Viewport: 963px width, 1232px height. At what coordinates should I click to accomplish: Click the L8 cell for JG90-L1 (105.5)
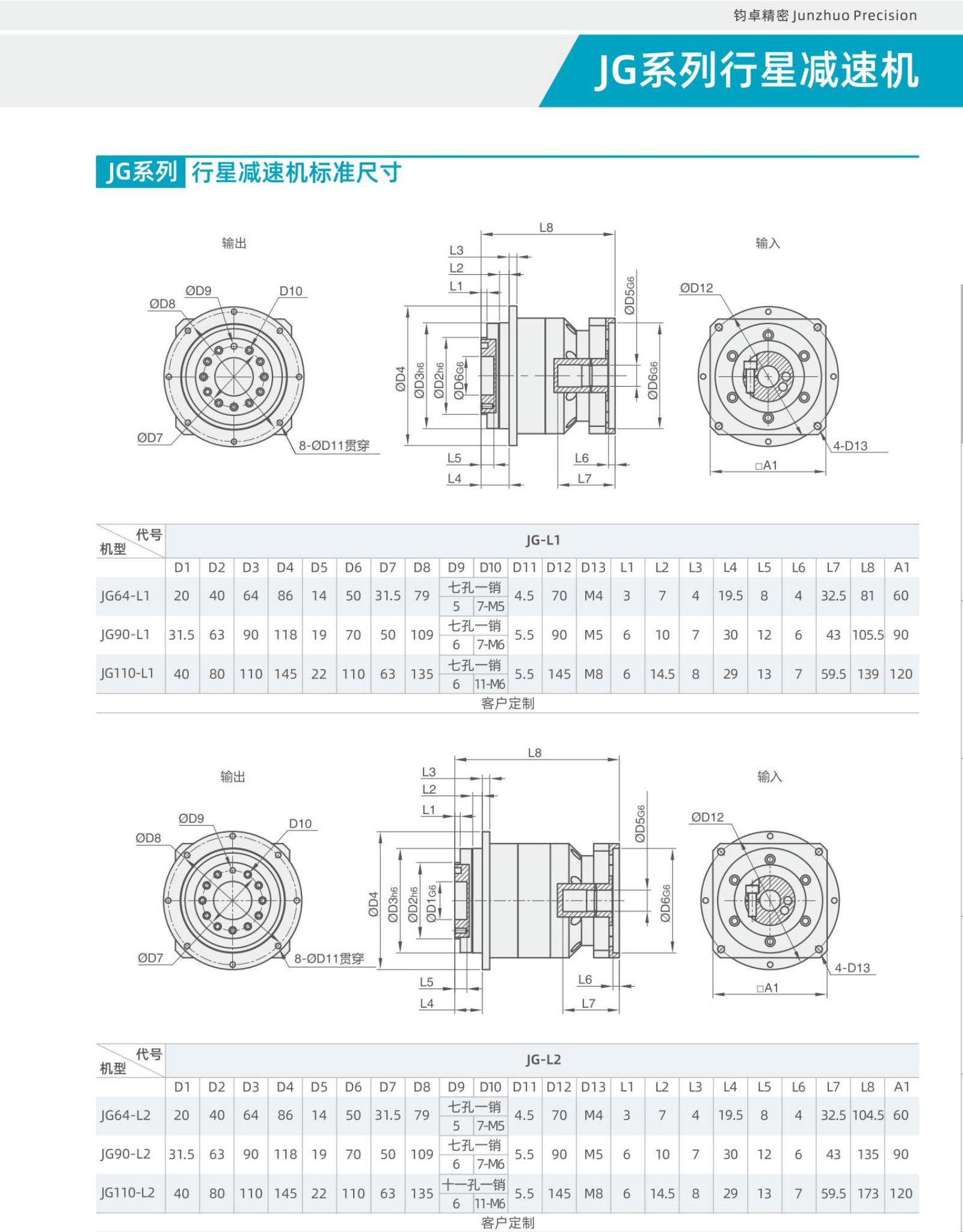pyautogui.click(x=867, y=635)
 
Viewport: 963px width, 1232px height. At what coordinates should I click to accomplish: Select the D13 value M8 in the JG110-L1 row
pyautogui.click(x=593, y=674)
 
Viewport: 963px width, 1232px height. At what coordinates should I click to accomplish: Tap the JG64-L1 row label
pyautogui.click(x=125, y=596)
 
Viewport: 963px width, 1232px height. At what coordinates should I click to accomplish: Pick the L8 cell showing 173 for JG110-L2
pyautogui.click(x=867, y=1194)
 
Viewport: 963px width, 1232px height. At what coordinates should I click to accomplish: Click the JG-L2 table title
pyautogui.click(x=543, y=1059)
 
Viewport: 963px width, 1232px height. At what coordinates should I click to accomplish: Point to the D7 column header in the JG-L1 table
pyautogui.click(x=387, y=568)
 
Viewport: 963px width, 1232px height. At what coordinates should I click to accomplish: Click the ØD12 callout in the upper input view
pyautogui.click(x=697, y=288)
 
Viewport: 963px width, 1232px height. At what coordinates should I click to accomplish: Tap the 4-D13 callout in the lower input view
pyautogui.click(x=852, y=968)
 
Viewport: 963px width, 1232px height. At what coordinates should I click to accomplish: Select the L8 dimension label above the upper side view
pyautogui.click(x=546, y=228)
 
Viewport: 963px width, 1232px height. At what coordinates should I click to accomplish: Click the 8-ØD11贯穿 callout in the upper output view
pyautogui.click(x=334, y=446)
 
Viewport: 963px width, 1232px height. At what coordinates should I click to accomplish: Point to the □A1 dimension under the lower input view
pyautogui.click(x=767, y=988)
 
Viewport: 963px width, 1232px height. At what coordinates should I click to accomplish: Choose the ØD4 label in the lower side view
pyautogui.click(x=374, y=904)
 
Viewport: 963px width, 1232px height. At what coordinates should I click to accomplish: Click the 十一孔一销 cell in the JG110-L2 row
pyautogui.click(x=474, y=1184)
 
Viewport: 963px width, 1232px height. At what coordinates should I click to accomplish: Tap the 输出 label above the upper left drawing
pyautogui.click(x=234, y=244)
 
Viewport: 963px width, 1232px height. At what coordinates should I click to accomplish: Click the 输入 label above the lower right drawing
pyautogui.click(x=769, y=777)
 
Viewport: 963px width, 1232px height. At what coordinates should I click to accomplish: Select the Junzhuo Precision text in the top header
pyautogui.click(x=855, y=16)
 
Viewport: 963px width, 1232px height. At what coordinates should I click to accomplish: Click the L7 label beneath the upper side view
pyautogui.click(x=585, y=479)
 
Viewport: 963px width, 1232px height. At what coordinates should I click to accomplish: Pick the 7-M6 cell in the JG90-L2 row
pyautogui.click(x=490, y=1165)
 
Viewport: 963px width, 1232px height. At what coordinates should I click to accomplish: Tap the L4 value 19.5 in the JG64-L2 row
pyautogui.click(x=730, y=1115)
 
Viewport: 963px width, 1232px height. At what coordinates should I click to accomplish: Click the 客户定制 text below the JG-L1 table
pyautogui.click(x=508, y=703)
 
